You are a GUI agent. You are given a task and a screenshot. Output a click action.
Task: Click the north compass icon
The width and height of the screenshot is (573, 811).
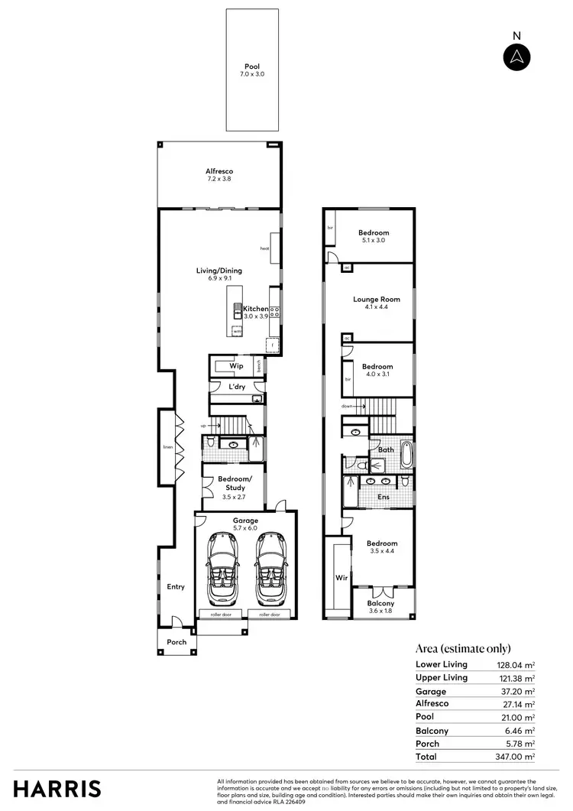pos(517,57)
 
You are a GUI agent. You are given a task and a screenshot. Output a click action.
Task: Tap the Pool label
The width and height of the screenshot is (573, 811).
pos(252,67)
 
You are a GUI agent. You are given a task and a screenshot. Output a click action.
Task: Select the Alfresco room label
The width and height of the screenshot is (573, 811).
pos(219,171)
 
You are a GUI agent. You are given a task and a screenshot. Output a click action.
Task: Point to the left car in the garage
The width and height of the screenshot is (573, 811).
pos(222,568)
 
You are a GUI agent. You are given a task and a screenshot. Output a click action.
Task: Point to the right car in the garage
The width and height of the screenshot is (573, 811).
pos(270,568)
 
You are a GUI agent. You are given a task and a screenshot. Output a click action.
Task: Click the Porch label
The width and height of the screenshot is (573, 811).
pos(176,642)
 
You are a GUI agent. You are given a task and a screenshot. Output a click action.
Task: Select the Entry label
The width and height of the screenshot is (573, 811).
pos(176,587)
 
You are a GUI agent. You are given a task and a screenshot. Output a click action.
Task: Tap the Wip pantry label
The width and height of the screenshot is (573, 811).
pos(237,366)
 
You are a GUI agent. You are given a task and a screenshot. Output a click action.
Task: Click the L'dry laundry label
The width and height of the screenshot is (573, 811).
pos(238,388)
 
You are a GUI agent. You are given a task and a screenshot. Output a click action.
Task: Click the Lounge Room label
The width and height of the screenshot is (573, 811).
pos(371,299)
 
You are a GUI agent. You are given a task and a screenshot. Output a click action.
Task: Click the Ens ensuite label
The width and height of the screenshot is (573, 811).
pos(384,497)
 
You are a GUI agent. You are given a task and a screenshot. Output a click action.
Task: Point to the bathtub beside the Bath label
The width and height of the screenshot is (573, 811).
pos(406,455)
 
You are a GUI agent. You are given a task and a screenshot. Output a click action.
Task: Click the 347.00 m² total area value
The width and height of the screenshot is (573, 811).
pos(513,757)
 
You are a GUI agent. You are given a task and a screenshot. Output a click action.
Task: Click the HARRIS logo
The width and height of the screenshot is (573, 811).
pos(57,789)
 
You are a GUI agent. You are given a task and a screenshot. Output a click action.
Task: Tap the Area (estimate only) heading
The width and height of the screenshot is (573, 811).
pos(463,648)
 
